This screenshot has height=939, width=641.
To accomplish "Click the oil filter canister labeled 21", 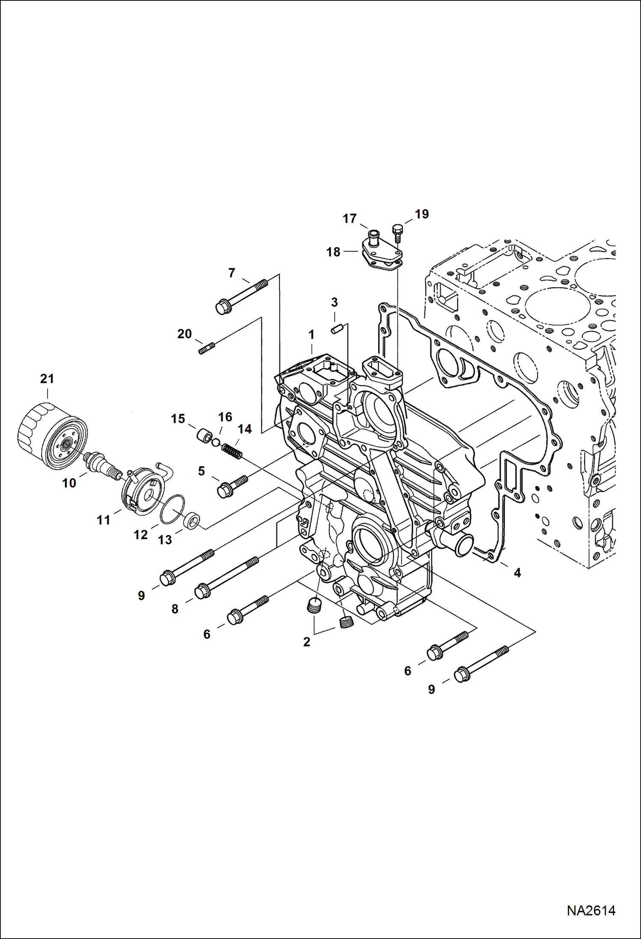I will pos(52,437).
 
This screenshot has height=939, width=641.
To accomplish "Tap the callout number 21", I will pos(47,379).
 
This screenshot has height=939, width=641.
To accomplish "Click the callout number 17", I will pos(350,219).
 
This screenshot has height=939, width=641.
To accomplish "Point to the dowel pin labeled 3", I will pos(335,330).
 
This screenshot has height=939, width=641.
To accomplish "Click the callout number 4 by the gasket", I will pos(517,573).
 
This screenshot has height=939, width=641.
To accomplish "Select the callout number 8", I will pos(175,609).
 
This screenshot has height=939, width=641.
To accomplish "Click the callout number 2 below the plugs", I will pos(306,642).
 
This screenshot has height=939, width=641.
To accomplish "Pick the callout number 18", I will pos(333,252).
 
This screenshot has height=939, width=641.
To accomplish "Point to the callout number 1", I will pos(312,334).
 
